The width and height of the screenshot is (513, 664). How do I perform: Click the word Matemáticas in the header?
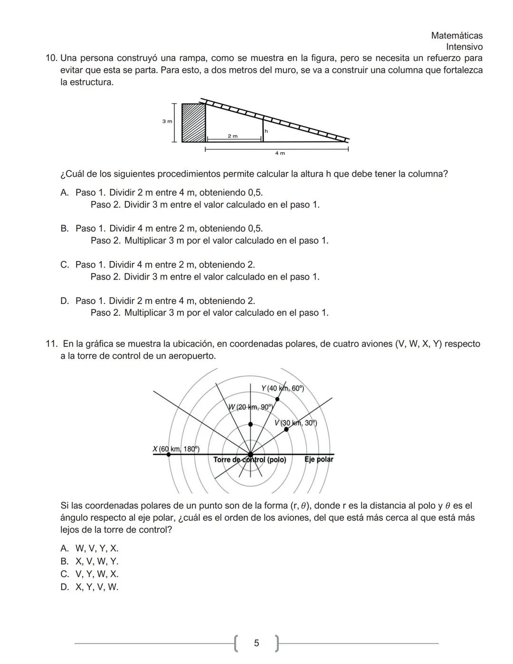[456, 36]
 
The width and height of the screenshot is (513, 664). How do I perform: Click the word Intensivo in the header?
[464, 47]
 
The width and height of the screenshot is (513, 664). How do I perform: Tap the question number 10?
[51, 58]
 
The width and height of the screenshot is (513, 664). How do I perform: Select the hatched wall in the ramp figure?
[194, 123]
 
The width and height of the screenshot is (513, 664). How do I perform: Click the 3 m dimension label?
[167, 122]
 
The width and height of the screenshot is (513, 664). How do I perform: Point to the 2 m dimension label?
[232, 136]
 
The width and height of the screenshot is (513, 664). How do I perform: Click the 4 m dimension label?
[280, 153]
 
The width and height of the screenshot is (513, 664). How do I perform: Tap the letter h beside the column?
[266, 131]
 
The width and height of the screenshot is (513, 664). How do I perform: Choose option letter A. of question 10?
[65, 193]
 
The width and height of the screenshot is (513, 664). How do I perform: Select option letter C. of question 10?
[65, 265]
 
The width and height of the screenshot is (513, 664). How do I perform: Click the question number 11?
[51, 344]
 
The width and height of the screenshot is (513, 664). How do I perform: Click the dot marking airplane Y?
[277, 399]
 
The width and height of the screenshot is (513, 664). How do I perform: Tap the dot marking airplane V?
[286, 429]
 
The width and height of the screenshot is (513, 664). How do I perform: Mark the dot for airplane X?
[169, 454]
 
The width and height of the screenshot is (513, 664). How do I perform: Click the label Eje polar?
[319, 459]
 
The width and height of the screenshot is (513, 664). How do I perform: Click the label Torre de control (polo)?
[249, 460]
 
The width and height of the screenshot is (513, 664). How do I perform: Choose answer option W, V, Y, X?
[97, 549]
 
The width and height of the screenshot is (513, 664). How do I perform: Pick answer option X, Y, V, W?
[97, 587]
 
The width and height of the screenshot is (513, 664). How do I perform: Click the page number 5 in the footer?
[256, 643]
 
